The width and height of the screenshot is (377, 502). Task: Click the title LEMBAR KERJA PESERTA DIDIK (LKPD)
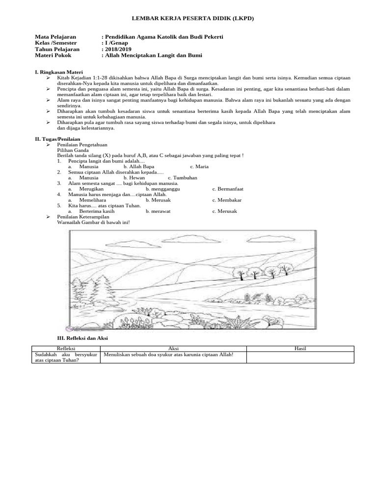[188, 18]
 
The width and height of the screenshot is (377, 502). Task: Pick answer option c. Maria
[199, 167]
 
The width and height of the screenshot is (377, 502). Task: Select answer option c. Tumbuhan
[183, 178]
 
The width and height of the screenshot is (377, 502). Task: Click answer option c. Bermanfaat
[228, 189]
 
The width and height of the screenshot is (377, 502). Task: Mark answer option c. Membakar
[227, 200]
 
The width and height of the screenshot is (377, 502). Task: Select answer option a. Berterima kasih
[91, 211]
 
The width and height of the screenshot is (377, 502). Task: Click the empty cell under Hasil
[300, 357]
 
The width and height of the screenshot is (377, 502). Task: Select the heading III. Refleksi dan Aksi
[82, 338]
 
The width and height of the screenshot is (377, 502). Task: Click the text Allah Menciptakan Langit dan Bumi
[153, 56]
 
